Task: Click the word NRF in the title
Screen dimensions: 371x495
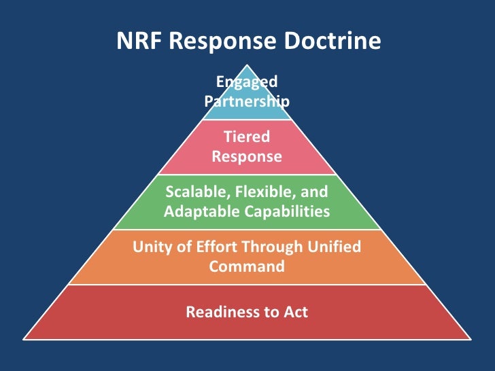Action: pos(141,41)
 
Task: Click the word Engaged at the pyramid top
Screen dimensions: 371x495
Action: pos(247,82)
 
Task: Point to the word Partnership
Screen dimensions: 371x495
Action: pos(247,102)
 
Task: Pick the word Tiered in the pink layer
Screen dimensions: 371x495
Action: pos(247,137)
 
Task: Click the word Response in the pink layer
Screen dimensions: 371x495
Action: pos(247,156)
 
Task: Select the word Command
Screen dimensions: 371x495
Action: pos(247,266)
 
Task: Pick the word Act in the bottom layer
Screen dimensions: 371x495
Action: pos(294,313)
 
